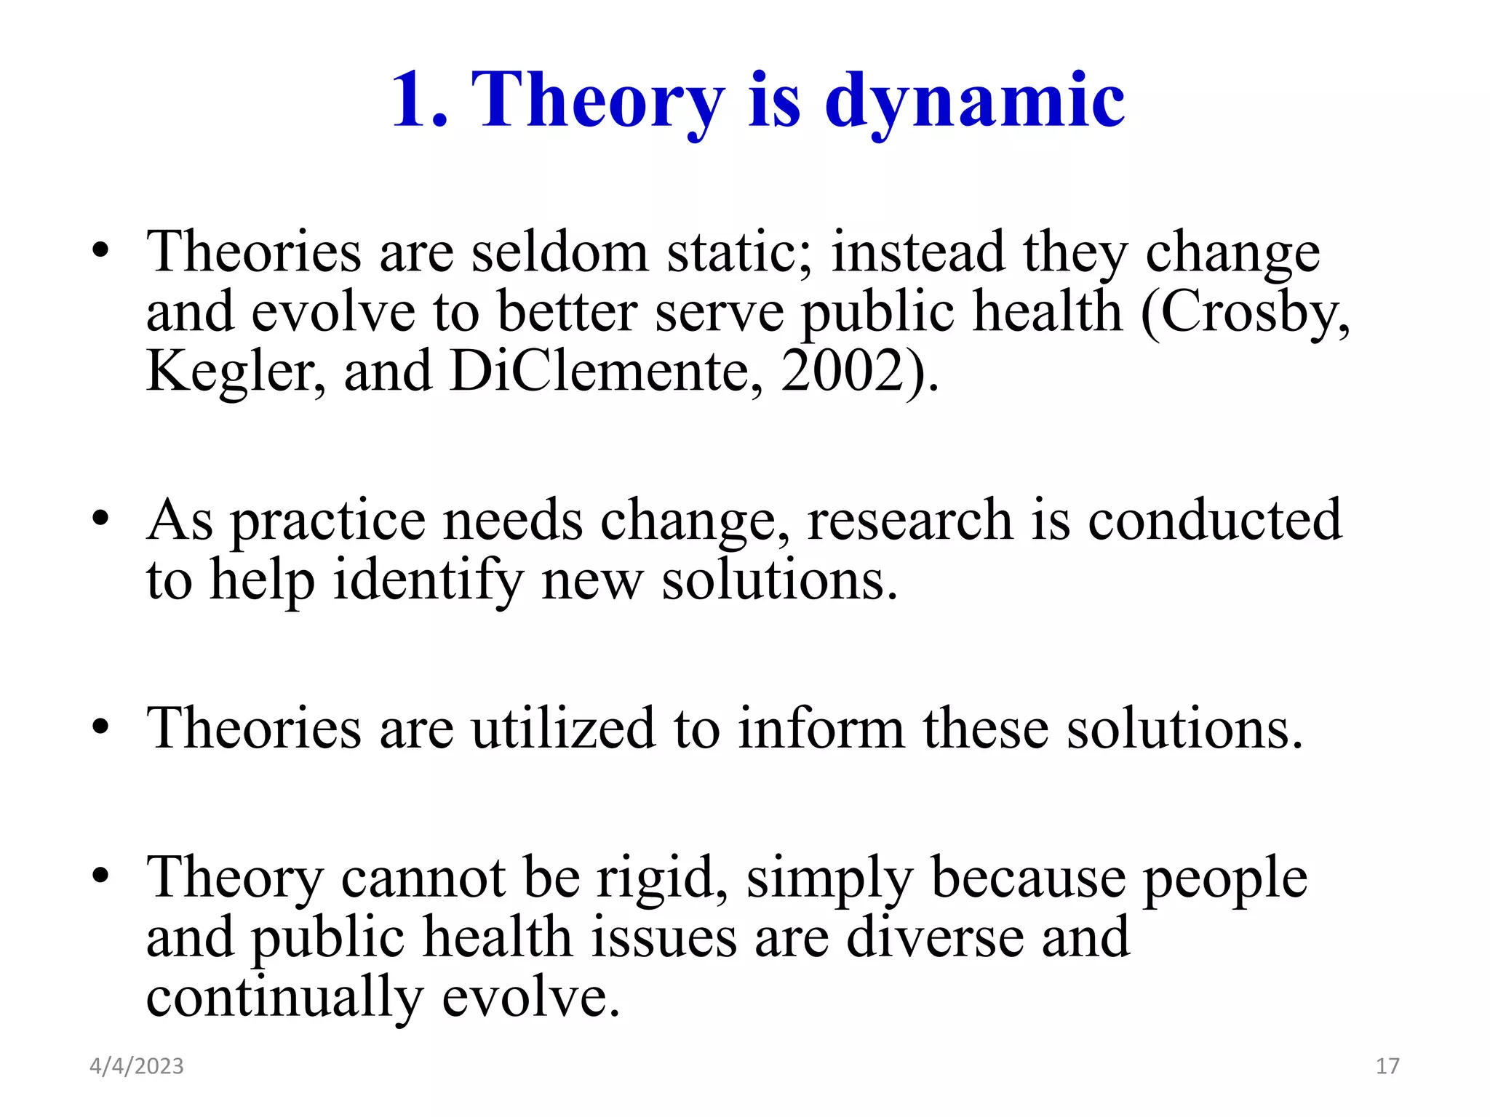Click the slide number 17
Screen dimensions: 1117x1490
pos(1387,1066)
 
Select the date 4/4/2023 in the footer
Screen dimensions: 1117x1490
pos(137,1066)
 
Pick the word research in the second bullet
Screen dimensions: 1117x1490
pos(909,520)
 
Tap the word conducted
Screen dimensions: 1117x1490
pos(1215,520)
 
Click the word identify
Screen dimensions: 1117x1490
pos(428,581)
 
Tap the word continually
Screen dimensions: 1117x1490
pos(284,998)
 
